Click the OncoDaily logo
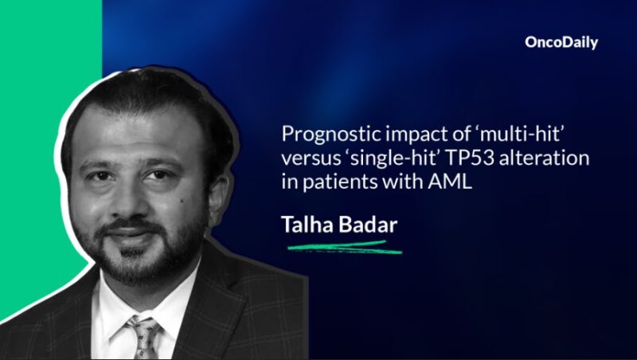[x=561, y=43]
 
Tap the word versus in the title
[x=313, y=158]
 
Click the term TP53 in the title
[x=467, y=158]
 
